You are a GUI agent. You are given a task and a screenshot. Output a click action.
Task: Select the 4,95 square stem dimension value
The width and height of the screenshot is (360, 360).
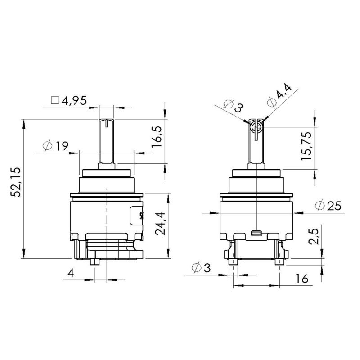[x=74, y=100]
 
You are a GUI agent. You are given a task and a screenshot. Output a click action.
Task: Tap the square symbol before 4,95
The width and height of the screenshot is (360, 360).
[x=56, y=100]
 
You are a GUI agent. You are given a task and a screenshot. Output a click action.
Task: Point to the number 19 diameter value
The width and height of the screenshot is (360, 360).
[x=62, y=146]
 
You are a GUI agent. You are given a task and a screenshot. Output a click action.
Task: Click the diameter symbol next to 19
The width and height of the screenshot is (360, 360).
[x=47, y=146]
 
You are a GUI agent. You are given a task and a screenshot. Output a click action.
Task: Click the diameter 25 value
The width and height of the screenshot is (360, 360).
[x=334, y=206]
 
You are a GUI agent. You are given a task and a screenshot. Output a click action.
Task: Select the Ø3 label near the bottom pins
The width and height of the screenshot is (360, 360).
[x=201, y=268]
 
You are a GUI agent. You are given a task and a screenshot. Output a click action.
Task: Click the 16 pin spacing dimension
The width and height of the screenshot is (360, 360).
[x=302, y=279]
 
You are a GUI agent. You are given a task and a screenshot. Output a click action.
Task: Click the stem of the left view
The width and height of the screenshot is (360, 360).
[x=107, y=142]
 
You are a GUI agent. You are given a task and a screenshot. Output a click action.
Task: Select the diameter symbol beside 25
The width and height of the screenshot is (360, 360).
[x=320, y=206]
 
